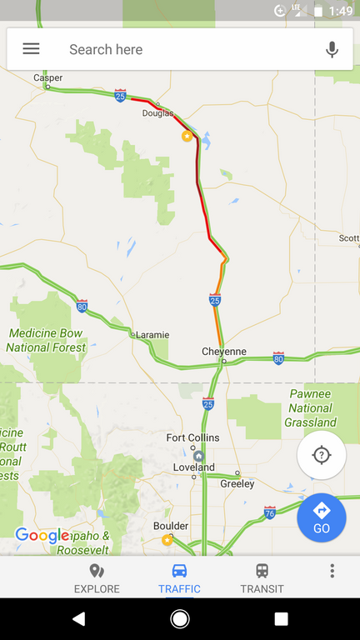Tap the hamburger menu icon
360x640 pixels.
click(31, 49)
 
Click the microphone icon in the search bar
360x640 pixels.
click(332, 50)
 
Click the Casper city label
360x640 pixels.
click(47, 77)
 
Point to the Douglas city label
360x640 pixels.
click(157, 113)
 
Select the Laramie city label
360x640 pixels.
click(152, 335)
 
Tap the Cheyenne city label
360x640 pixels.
click(224, 352)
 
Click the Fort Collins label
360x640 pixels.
click(192, 438)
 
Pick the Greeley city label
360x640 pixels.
click(237, 484)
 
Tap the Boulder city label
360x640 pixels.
click(171, 527)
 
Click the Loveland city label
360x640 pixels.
click(193, 467)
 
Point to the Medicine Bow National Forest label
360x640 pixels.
click(47, 340)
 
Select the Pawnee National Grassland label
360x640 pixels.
click(310, 408)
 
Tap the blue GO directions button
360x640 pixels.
click(322, 517)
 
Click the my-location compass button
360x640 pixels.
click(322, 455)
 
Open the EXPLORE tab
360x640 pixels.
click(97, 577)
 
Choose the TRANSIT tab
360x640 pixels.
click(262, 577)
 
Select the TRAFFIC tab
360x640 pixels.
click(179, 577)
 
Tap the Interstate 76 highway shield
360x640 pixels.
click(269, 511)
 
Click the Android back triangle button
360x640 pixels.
click(78, 618)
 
